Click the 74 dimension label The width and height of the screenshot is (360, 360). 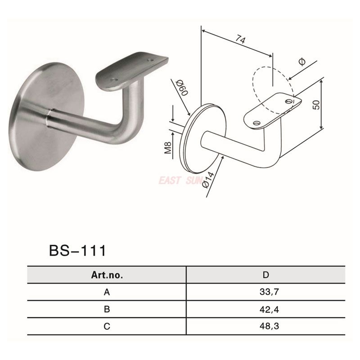click(x=240, y=40)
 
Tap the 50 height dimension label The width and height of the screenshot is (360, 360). click(x=315, y=105)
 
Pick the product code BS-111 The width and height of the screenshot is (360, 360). click(x=77, y=250)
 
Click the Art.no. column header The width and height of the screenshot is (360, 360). click(x=107, y=275)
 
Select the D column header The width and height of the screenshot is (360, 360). click(x=265, y=275)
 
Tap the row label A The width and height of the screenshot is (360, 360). click(x=107, y=292)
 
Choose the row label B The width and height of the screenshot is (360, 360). click(x=107, y=310)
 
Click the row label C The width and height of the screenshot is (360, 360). click(x=107, y=327)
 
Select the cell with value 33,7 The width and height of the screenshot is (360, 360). click(x=265, y=292)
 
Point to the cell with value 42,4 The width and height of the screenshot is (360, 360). click(x=265, y=310)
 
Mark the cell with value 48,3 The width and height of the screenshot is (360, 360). click(x=265, y=327)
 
